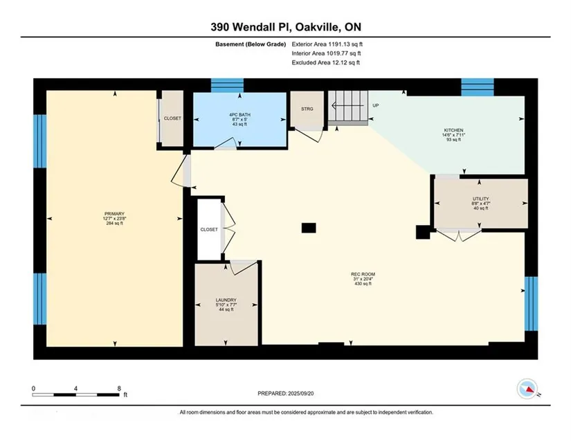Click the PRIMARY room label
tap(114, 214)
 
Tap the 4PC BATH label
tap(239, 115)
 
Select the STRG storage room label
tap(307, 109)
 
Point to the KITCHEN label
tap(453, 130)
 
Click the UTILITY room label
tap(481, 199)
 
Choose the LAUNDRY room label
tap(226, 300)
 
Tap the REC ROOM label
tap(363, 274)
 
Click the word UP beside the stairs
tap(375, 105)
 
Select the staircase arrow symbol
tap(347, 106)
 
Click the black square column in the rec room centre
tap(309, 228)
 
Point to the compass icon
tap(527, 388)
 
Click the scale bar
tap(75, 395)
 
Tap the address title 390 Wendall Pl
tap(249, 27)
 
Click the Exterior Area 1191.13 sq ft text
tap(327, 44)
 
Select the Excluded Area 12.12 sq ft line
tap(325, 62)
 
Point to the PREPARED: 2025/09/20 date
tap(285, 393)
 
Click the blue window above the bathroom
tap(227, 86)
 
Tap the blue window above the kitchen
tap(478, 87)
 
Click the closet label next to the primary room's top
tap(172, 118)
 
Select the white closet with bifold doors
tap(210, 229)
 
